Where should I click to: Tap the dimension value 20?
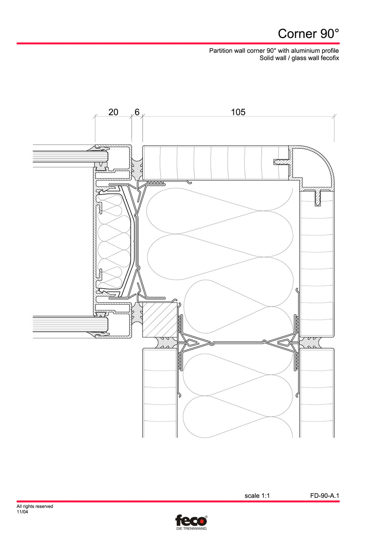(113, 112)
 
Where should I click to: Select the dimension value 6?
(137, 112)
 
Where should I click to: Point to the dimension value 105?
(238, 112)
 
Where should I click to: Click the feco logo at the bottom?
(191, 520)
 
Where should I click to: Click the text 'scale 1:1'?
(257, 496)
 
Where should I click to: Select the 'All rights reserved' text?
(35, 507)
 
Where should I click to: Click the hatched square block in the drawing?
(159, 320)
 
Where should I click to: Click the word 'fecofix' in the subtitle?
(329, 58)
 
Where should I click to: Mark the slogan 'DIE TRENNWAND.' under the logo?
(191, 528)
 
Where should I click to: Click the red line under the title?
(178, 43)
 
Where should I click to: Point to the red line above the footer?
(178, 501)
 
